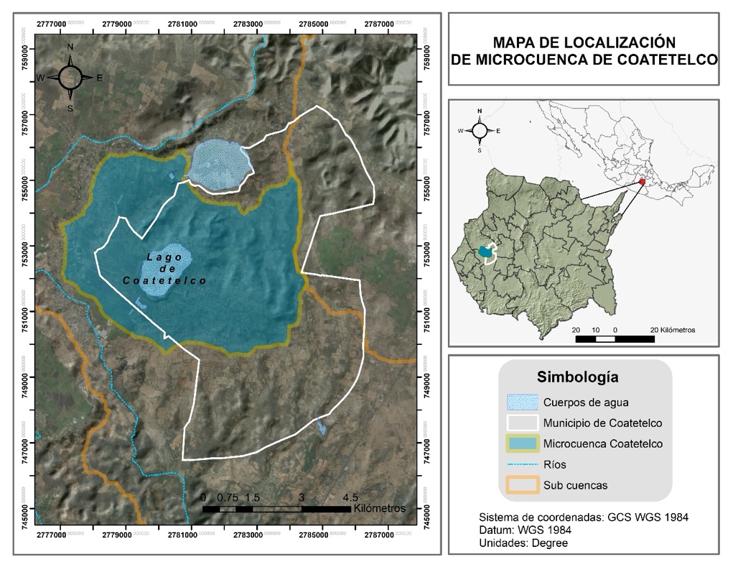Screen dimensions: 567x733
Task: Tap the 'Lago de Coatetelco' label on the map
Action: coord(165,268)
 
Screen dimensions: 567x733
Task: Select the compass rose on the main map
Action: coord(70,78)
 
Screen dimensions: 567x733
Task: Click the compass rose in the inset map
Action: coord(480,130)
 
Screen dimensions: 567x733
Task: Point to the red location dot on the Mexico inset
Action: coord(643,183)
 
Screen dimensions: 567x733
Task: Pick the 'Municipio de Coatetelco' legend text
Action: coord(603,423)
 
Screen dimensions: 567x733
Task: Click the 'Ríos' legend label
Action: coord(555,465)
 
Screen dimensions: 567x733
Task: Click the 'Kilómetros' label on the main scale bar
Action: coord(379,508)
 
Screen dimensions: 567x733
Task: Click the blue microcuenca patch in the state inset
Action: coord(487,252)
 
